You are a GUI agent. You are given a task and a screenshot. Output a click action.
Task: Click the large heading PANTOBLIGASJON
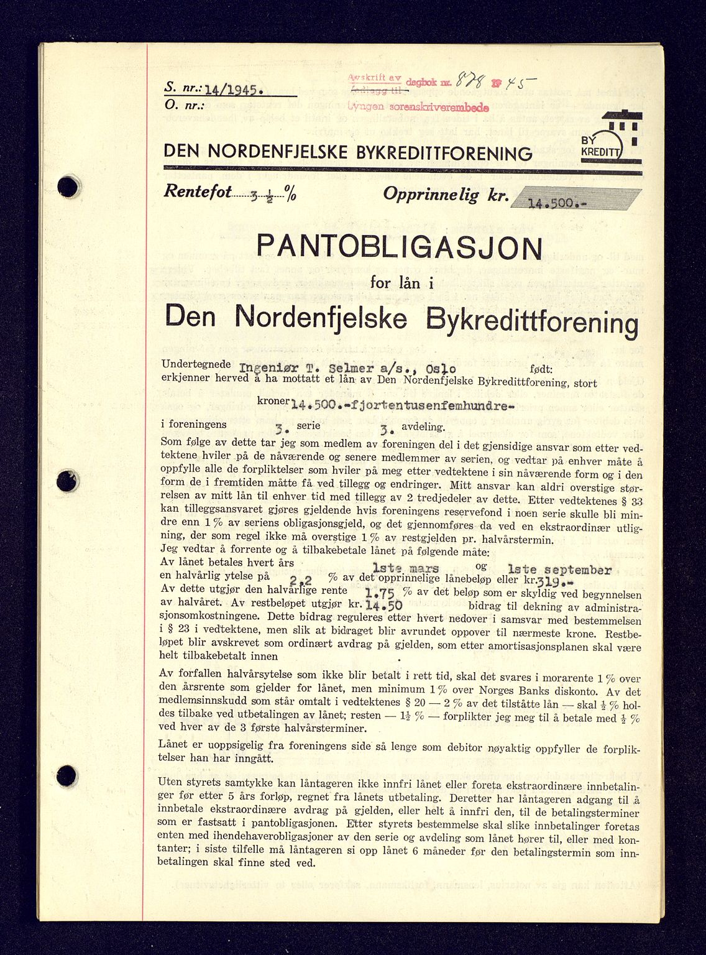click(x=399, y=249)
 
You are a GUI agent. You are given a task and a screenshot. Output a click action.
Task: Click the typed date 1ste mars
click(x=406, y=568)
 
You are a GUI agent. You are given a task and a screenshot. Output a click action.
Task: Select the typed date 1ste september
click(x=559, y=569)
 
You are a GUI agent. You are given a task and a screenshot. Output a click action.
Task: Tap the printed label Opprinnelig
click(x=431, y=195)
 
